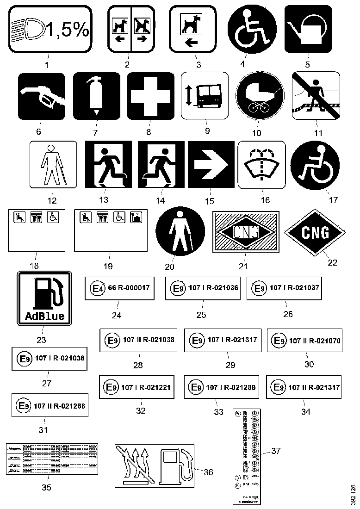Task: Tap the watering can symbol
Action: pyautogui.click(x=308, y=29)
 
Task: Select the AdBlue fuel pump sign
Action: pyautogui.click(x=44, y=298)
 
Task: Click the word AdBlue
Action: pyautogui.click(x=44, y=317)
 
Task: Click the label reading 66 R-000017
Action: pyautogui.click(x=119, y=288)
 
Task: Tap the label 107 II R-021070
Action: pyautogui.click(x=304, y=341)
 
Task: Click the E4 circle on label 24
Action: pyautogui.click(x=97, y=289)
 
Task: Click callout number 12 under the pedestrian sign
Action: pyautogui.click(x=52, y=200)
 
